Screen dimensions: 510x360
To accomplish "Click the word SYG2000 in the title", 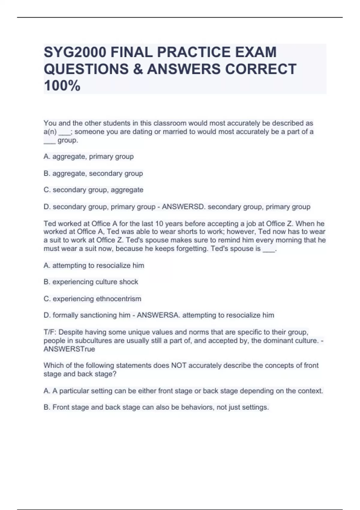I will [75, 52].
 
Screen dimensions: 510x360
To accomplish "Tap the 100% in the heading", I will [62, 86].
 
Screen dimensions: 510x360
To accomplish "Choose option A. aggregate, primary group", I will [88, 157].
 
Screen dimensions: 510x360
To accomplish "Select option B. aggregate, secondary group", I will [93, 173].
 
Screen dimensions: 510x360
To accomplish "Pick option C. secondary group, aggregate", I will [93, 190].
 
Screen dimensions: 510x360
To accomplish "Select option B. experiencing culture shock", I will [91, 282].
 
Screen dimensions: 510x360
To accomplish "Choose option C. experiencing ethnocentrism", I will [92, 299].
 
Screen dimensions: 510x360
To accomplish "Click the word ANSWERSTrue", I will [69, 349].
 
